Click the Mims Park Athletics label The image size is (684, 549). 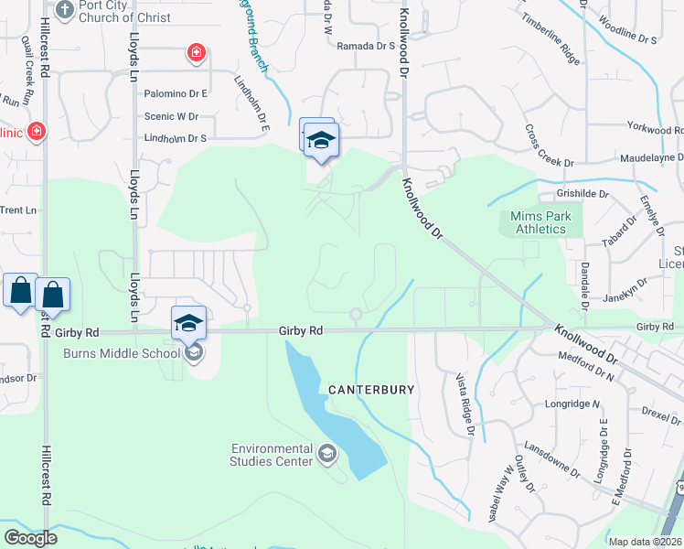pos(540,222)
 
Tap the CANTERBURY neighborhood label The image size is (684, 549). pos(371,390)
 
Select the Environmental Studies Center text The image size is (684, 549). pos(272,455)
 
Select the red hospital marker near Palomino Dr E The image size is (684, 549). pos(196,53)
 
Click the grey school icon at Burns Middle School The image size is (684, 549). pos(192,352)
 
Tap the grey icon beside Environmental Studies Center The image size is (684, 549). pos(327,453)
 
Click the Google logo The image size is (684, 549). pos(30,538)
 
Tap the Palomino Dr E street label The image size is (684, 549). pos(176,93)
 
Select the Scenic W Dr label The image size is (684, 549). pos(171,116)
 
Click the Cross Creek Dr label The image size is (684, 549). pos(549,145)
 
